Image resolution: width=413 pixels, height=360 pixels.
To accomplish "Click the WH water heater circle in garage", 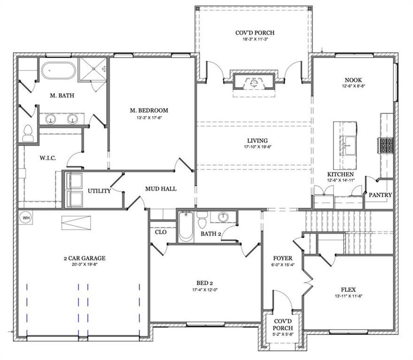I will pos(26,218).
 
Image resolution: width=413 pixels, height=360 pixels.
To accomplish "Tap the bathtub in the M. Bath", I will pos(58,70).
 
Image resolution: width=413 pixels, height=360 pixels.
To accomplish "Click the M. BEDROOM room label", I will pos(149,110).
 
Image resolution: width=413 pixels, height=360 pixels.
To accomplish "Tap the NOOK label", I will pos(353,80).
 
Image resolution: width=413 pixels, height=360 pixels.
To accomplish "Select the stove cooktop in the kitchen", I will pos(386,145).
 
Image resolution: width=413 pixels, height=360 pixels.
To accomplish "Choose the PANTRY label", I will pos(380,195).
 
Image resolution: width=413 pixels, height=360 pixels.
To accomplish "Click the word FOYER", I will pos(283,258).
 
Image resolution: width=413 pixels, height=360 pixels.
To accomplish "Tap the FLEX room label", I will pos(348,289).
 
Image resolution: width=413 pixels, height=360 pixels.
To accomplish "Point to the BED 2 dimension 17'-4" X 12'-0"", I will pos(205,289).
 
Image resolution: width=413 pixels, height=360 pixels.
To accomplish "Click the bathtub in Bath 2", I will pos(186,228).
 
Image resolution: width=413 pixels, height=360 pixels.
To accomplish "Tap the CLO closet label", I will pos(161,232).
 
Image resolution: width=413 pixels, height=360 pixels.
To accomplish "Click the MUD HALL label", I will pos(161,189).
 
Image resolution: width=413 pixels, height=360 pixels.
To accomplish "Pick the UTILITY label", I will pos(99,191).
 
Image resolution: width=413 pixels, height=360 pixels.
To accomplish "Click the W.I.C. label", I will pos(48,158).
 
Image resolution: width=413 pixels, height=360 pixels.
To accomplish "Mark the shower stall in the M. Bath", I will pos(94,68).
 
